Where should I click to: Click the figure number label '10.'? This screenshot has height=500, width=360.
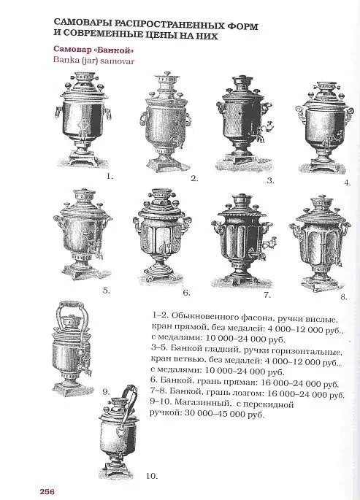[x=151, y=476]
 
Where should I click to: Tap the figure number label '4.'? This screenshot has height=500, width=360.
[x=347, y=182]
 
